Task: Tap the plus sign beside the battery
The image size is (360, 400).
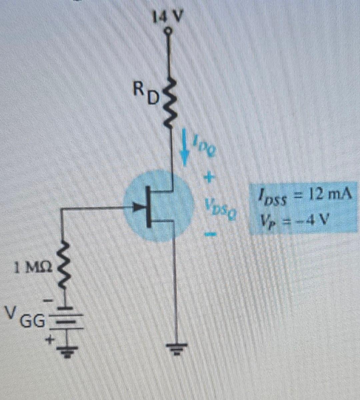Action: (50, 340)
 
